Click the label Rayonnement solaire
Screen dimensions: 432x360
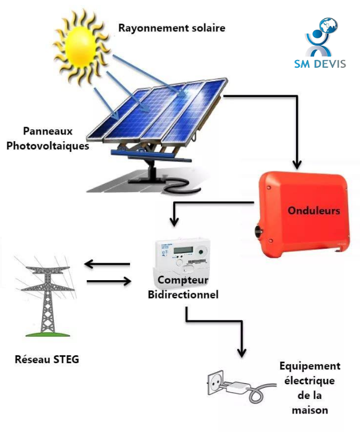[172, 27]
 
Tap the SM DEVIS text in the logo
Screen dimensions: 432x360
[320, 63]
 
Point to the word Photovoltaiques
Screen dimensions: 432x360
[56, 146]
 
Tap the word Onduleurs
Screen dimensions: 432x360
[314, 211]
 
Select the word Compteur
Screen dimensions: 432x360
[183, 280]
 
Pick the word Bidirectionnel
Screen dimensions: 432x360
[183, 294]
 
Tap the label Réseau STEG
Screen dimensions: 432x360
[47, 359]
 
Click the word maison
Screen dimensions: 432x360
[310, 411]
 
